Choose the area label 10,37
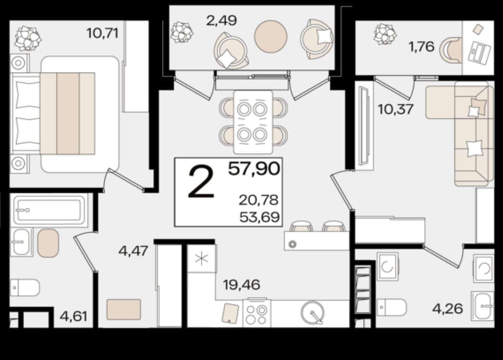[395, 110]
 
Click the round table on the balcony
[271, 36]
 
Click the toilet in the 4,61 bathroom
[25, 288]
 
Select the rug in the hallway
[124, 309]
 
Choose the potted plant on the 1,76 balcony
[385, 34]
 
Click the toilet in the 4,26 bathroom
[391, 307]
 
